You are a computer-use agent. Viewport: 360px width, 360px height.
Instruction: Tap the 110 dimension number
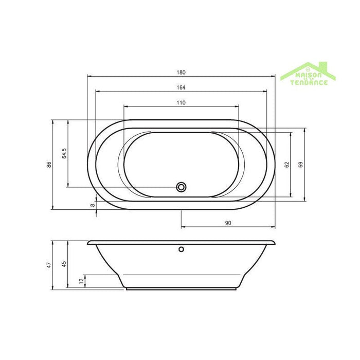(181, 103)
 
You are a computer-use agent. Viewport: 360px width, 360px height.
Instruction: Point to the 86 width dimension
(49, 165)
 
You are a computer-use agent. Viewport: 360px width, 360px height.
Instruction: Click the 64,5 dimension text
(64, 153)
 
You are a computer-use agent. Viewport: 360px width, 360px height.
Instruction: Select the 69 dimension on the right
(301, 165)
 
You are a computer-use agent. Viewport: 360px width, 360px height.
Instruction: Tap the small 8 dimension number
(93, 205)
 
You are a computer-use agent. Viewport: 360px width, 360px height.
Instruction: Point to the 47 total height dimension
(49, 265)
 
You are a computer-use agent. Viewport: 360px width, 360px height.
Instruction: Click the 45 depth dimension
(64, 264)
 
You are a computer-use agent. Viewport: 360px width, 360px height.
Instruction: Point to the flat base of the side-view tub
(181, 289)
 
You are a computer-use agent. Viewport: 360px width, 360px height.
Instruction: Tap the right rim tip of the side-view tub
(274, 242)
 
